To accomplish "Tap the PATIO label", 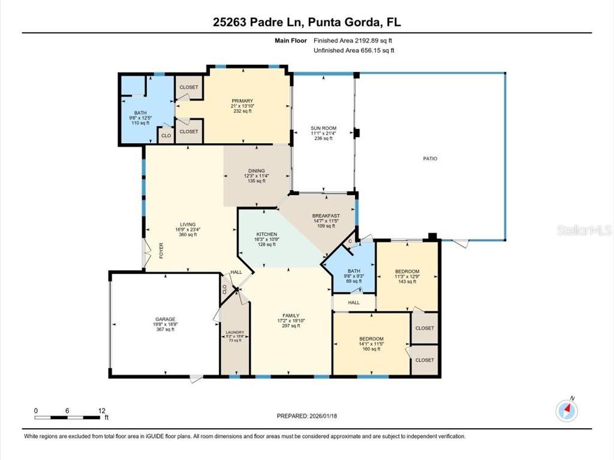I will point(430,159).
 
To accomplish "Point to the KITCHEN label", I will point(267,234).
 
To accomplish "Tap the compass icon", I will point(567,410).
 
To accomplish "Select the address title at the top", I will point(306,22).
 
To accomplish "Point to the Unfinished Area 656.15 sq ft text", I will point(354,51).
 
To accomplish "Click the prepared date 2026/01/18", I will point(311,416).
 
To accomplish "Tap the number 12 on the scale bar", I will point(100,410).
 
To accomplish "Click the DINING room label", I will point(257,171).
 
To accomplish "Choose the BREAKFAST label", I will point(326,216).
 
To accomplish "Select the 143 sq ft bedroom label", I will point(407,271).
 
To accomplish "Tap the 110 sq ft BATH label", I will point(140,113).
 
